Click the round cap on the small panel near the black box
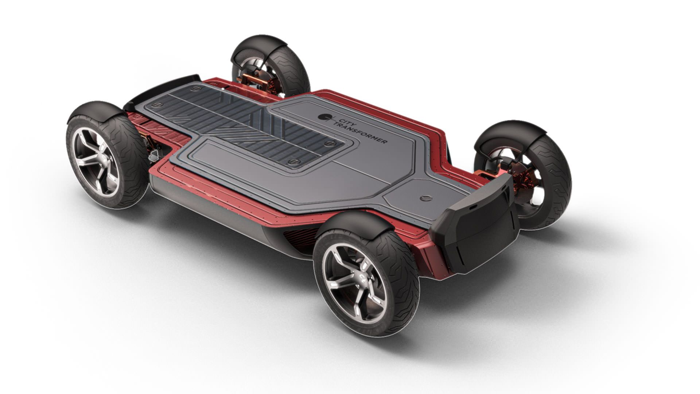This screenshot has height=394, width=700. [425, 198]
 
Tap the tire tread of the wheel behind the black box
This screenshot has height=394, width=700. [554, 182]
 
